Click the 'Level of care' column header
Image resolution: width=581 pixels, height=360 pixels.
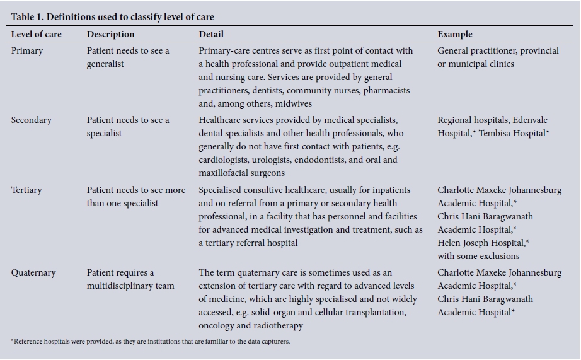tap(37, 34)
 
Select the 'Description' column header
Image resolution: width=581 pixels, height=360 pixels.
tap(110, 34)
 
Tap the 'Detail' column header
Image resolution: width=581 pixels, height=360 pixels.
tap(211, 34)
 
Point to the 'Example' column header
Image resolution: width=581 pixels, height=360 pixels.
tap(455, 34)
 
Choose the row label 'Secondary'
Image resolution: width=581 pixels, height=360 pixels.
tap(32, 120)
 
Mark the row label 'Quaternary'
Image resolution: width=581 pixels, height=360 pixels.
tap(33, 273)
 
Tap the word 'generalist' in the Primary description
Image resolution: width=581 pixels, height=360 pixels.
tap(105, 64)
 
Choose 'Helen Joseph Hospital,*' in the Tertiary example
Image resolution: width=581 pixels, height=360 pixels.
tap(483, 243)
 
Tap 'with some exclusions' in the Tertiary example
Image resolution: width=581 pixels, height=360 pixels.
tap(478, 256)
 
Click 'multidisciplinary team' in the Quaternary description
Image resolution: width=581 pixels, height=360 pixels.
tap(130, 286)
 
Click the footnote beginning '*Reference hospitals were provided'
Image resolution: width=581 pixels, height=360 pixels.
tap(151, 342)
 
